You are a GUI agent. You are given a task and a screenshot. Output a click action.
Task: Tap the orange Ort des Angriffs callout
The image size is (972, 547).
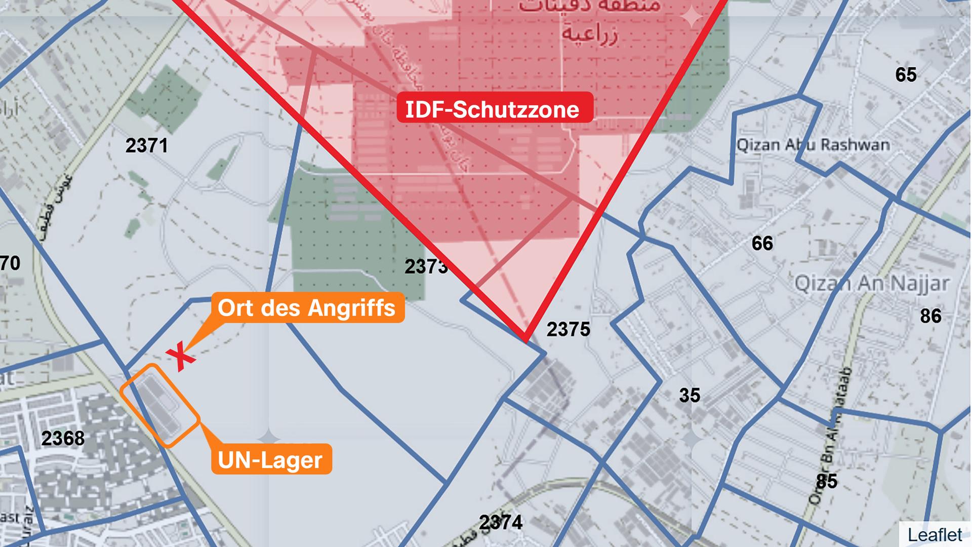[x=307, y=308]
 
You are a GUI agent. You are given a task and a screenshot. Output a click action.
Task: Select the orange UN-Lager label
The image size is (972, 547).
[x=270, y=460]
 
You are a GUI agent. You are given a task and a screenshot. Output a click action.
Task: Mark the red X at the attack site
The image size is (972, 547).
[x=181, y=357]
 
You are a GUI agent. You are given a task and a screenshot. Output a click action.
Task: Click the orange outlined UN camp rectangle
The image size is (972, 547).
[x=160, y=405]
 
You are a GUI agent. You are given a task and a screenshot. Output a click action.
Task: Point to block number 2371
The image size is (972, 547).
[x=146, y=146]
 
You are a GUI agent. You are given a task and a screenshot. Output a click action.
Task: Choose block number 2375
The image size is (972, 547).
[x=569, y=330]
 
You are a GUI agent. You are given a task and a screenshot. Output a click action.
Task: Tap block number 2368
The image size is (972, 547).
[x=63, y=438]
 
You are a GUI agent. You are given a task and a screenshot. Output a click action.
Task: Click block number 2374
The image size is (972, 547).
[x=501, y=522]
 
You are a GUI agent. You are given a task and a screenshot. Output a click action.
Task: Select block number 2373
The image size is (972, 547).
[x=426, y=266]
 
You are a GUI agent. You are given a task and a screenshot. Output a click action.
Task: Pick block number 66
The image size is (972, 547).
[x=762, y=244]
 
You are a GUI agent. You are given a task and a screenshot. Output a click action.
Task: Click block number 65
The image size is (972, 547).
[x=906, y=75]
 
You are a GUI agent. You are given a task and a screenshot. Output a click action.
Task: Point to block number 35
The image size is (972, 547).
[x=690, y=395]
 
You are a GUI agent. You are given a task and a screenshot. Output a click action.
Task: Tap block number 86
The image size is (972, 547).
[x=930, y=316]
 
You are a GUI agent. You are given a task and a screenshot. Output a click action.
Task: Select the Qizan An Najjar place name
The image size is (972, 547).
[x=872, y=283]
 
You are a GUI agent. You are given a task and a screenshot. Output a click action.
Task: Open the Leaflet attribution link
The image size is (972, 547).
[x=935, y=535]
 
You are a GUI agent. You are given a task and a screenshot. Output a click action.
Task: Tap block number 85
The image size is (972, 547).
[x=826, y=481]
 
